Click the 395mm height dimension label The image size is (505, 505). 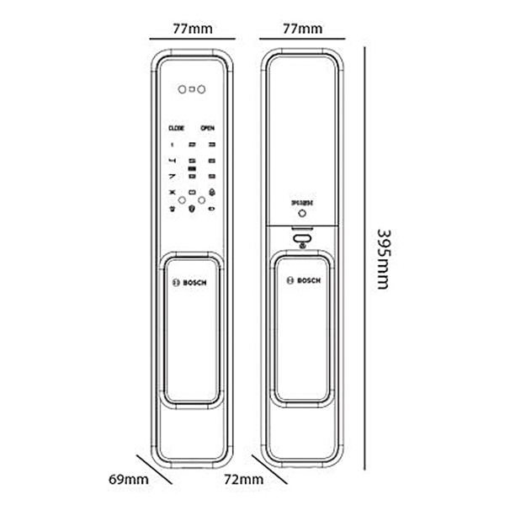click(383, 258)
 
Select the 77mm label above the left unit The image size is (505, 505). click(192, 28)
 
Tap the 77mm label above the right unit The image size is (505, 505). click(302, 28)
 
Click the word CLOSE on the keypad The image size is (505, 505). click(176, 128)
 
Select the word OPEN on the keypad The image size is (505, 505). click(207, 128)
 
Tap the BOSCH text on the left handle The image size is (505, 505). click(199, 283)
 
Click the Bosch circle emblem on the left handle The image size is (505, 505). click(176, 283)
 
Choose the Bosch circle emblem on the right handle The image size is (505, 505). click(287, 282)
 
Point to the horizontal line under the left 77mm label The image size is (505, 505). click(192, 39)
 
